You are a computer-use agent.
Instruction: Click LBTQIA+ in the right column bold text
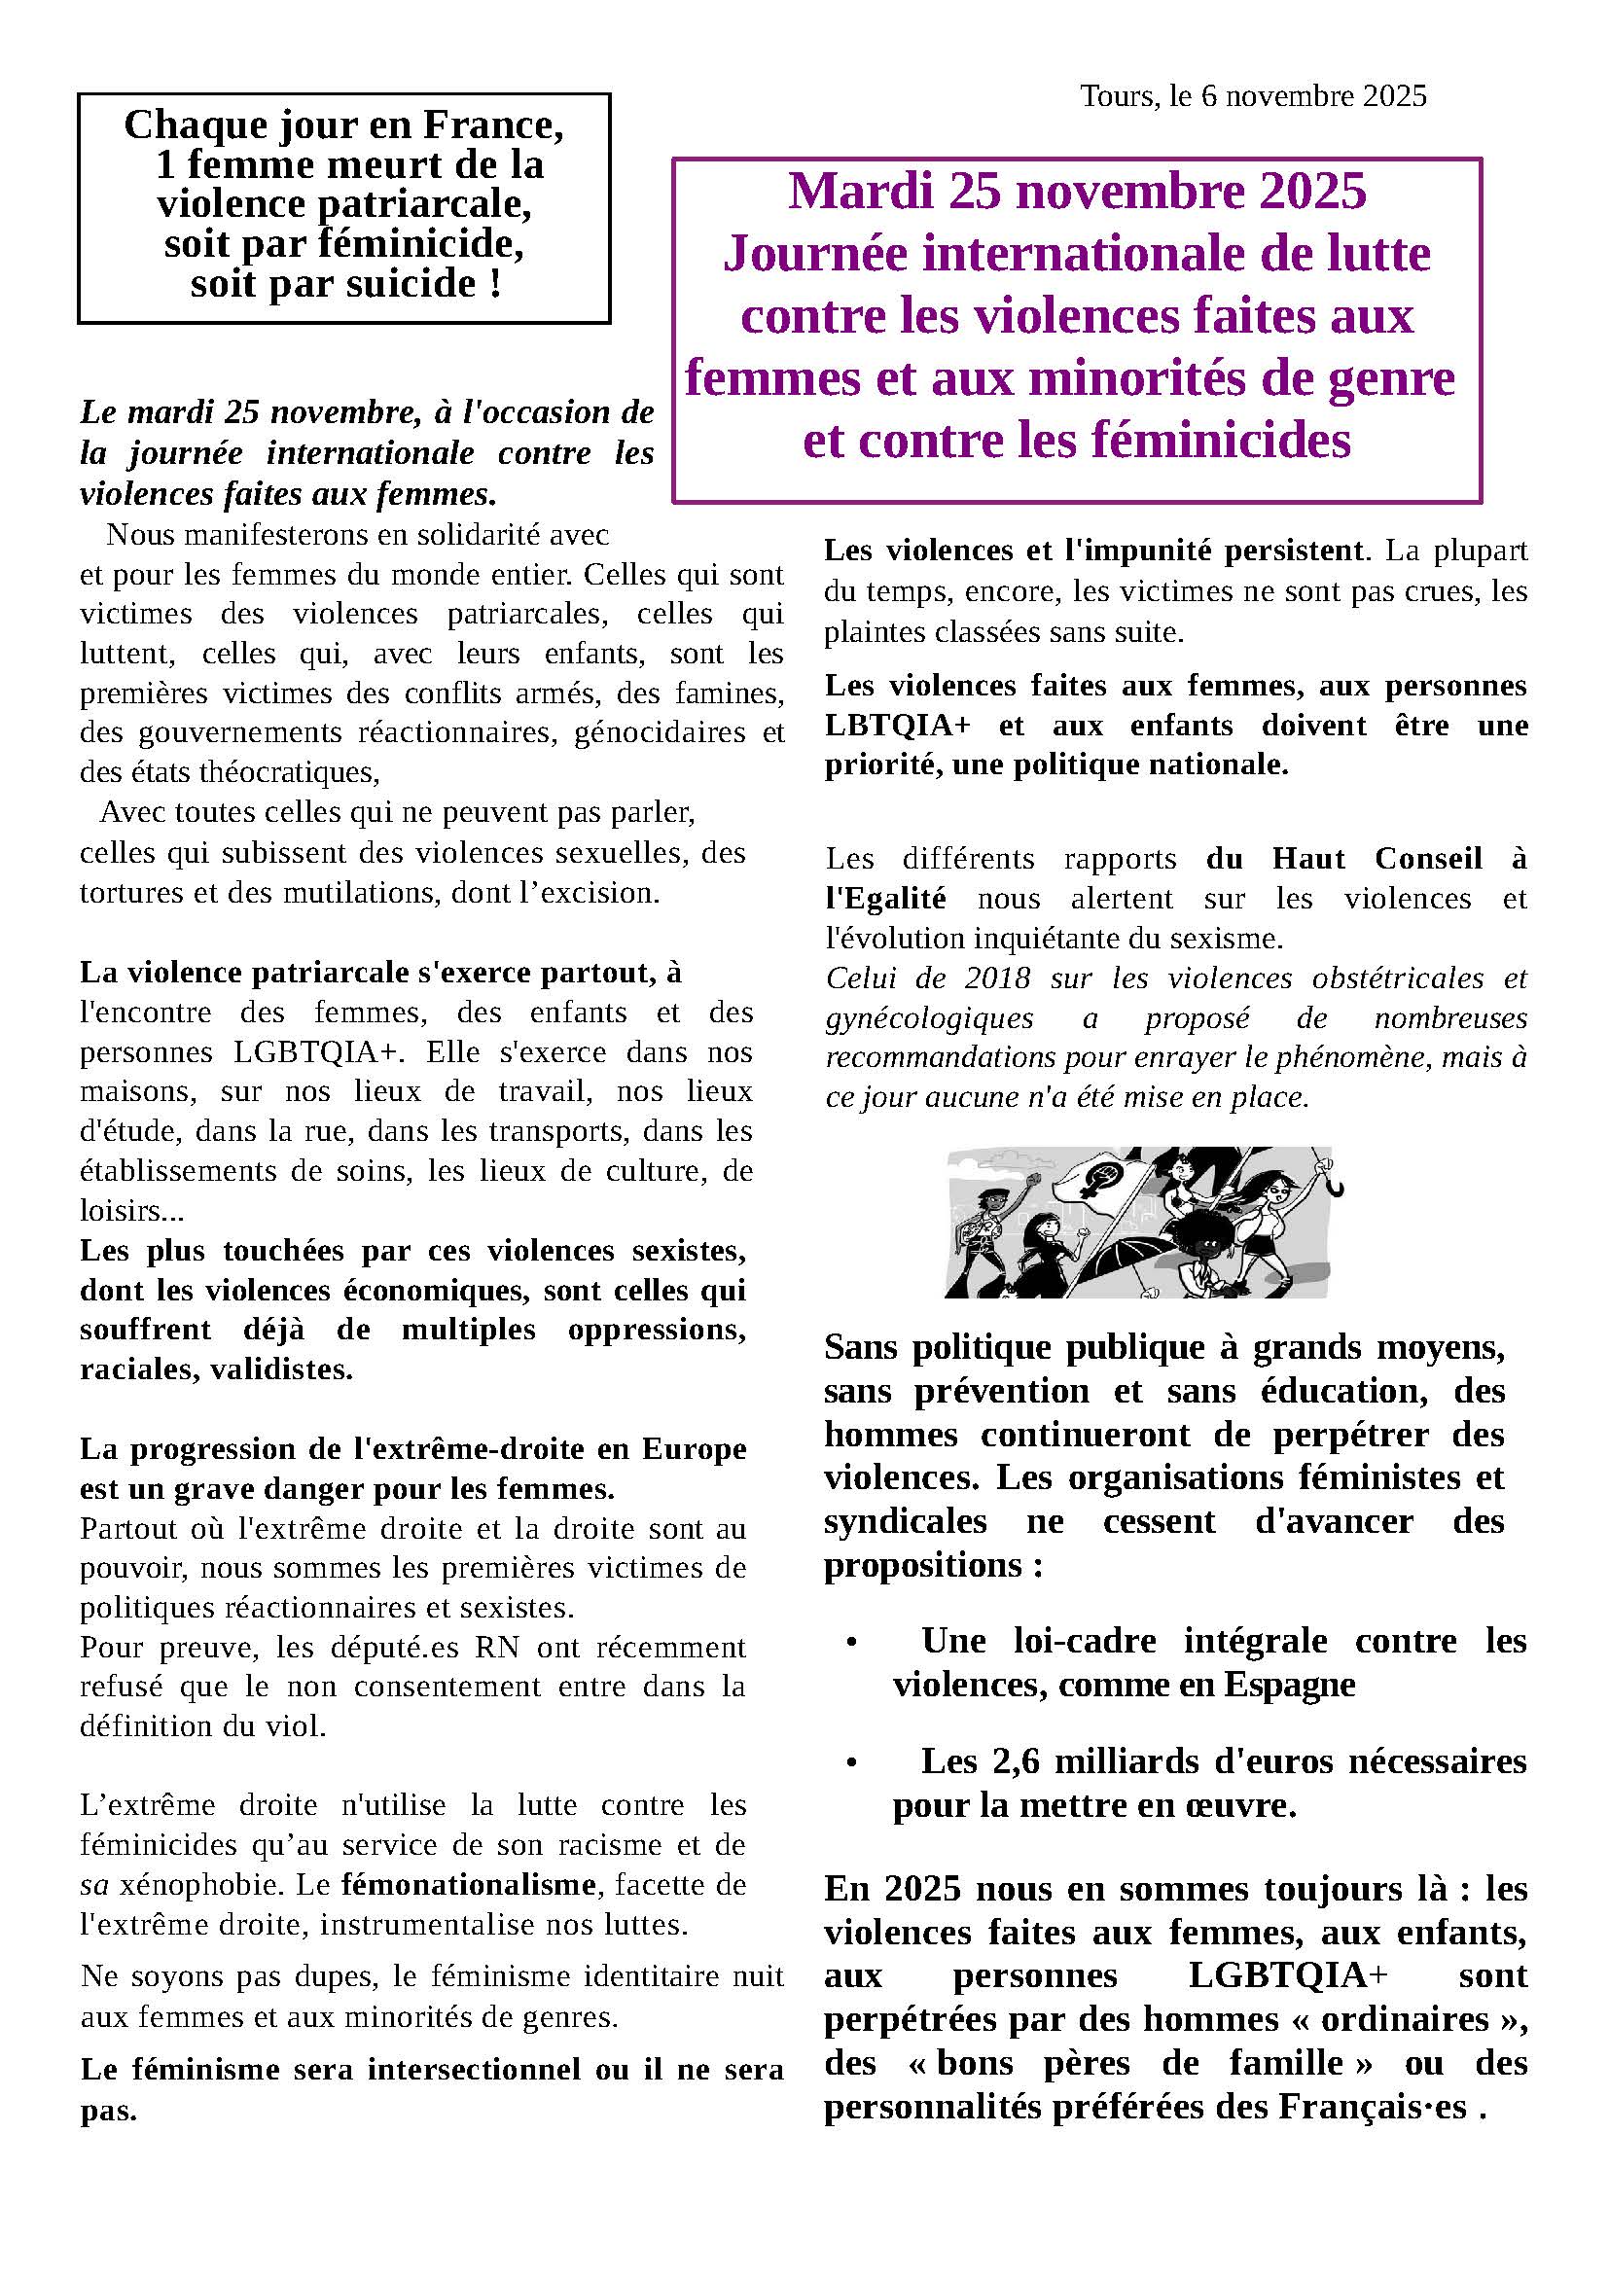(x=897, y=726)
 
